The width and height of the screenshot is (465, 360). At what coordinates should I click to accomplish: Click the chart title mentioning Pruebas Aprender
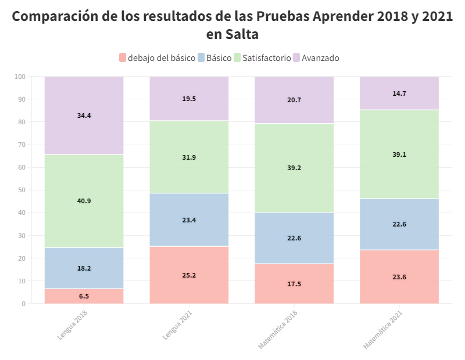(x=233, y=25)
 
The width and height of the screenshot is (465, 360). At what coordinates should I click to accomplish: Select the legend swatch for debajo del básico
(x=122, y=57)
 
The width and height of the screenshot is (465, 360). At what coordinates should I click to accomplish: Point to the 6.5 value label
(x=84, y=296)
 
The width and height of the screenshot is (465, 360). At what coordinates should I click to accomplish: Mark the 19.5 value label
(x=189, y=99)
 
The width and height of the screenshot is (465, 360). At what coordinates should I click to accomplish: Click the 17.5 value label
(x=294, y=284)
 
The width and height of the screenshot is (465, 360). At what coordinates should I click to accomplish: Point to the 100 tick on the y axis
(x=20, y=77)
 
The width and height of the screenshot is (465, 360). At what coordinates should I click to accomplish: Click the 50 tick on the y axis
(x=22, y=190)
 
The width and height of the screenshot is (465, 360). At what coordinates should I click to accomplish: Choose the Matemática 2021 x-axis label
(x=383, y=329)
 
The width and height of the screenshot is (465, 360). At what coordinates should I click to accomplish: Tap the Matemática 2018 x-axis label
(x=278, y=329)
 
